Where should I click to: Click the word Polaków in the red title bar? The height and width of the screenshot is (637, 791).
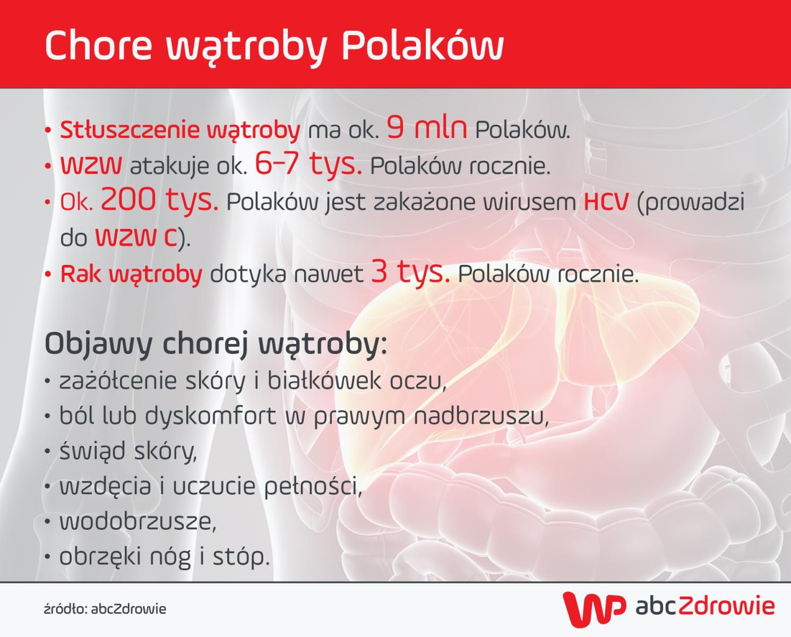422,46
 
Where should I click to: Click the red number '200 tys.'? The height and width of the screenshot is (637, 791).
159,200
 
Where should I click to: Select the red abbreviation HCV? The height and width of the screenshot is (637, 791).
606,202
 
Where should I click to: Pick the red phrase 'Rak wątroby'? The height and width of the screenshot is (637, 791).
131,274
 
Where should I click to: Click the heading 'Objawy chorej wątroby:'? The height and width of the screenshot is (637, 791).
216,345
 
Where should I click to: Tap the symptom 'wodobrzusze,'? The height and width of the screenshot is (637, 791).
137,522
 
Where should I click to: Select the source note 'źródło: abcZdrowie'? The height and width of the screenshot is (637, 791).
105,609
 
